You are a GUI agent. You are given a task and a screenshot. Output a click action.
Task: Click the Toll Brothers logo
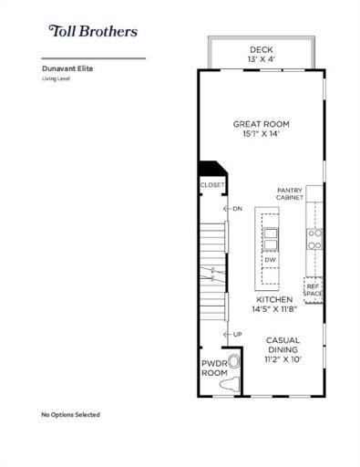coord(93,31)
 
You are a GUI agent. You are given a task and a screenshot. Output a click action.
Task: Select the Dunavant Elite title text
coord(67,67)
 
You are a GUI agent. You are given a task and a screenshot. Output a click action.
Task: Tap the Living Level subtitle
coord(57,78)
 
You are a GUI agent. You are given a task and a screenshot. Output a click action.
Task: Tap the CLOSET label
coord(211,185)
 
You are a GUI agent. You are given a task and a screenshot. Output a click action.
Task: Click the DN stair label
coord(237,209)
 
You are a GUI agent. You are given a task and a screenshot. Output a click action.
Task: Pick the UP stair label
coord(237,334)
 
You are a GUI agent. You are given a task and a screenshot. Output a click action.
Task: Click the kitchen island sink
coord(271,238)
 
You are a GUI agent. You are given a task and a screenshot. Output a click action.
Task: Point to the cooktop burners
coord(314,239)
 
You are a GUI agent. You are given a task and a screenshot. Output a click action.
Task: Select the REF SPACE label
coord(313,290)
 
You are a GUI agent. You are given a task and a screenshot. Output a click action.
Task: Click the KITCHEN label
coord(273,299)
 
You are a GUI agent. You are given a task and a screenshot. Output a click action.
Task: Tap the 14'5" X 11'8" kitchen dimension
coord(273,310)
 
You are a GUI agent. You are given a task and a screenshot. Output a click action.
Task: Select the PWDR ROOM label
coord(213,368)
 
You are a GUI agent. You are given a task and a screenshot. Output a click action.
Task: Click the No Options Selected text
coord(70,415)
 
